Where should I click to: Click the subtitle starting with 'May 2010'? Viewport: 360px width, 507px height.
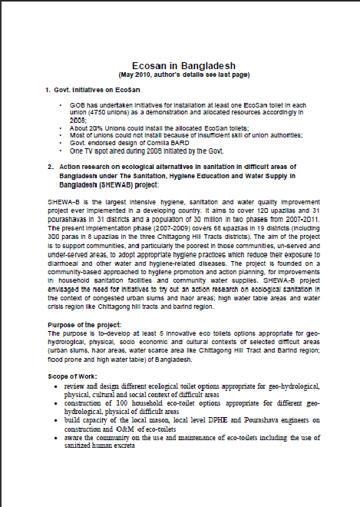(x=180, y=75)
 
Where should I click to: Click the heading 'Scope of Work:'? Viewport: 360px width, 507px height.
(x=71, y=376)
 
